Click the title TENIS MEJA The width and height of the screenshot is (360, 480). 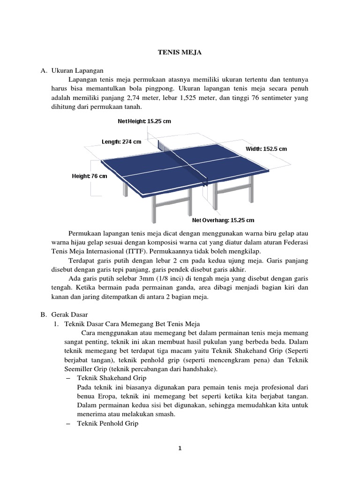click(x=180, y=53)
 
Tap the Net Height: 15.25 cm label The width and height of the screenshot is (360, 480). click(x=144, y=121)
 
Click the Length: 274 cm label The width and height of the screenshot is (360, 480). click(x=121, y=141)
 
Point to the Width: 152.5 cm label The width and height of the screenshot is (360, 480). click(x=266, y=149)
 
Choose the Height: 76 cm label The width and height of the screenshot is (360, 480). click(x=89, y=176)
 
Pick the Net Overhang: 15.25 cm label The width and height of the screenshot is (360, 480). click(x=223, y=220)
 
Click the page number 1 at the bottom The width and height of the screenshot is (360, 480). click(x=180, y=448)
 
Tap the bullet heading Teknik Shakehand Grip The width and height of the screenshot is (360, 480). click(x=112, y=378)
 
